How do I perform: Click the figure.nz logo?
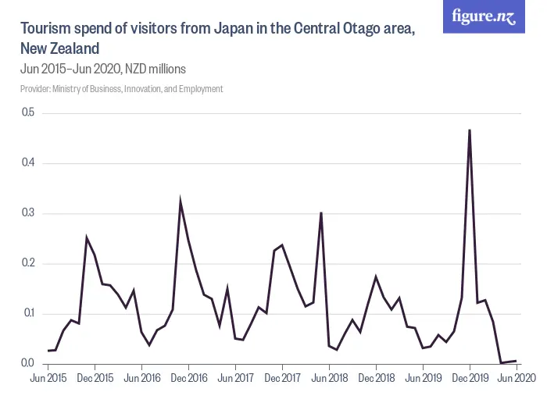tap(484, 16)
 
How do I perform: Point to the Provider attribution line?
tap(121, 88)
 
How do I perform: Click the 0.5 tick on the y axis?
tap(28, 113)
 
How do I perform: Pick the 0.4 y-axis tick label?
tap(28, 163)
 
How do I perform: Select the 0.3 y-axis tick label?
tap(28, 213)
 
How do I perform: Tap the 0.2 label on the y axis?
tap(28, 263)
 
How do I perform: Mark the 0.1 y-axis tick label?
tap(28, 313)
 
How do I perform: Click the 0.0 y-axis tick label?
tap(28, 363)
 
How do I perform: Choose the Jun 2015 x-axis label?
tap(48, 377)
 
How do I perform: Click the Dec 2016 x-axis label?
tap(188, 377)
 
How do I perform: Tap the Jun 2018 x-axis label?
tap(329, 377)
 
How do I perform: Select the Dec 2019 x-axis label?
tap(470, 377)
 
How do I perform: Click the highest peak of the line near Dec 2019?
tap(470, 130)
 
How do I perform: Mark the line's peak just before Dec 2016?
tap(181, 202)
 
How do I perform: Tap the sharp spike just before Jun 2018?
tap(321, 212)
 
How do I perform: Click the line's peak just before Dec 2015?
tap(87, 238)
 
